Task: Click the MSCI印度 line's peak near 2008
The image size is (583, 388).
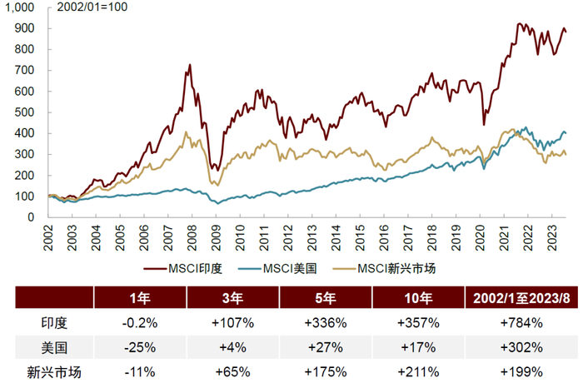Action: click(x=190, y=65)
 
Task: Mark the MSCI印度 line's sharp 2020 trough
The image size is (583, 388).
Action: click(x=485, y=125)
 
